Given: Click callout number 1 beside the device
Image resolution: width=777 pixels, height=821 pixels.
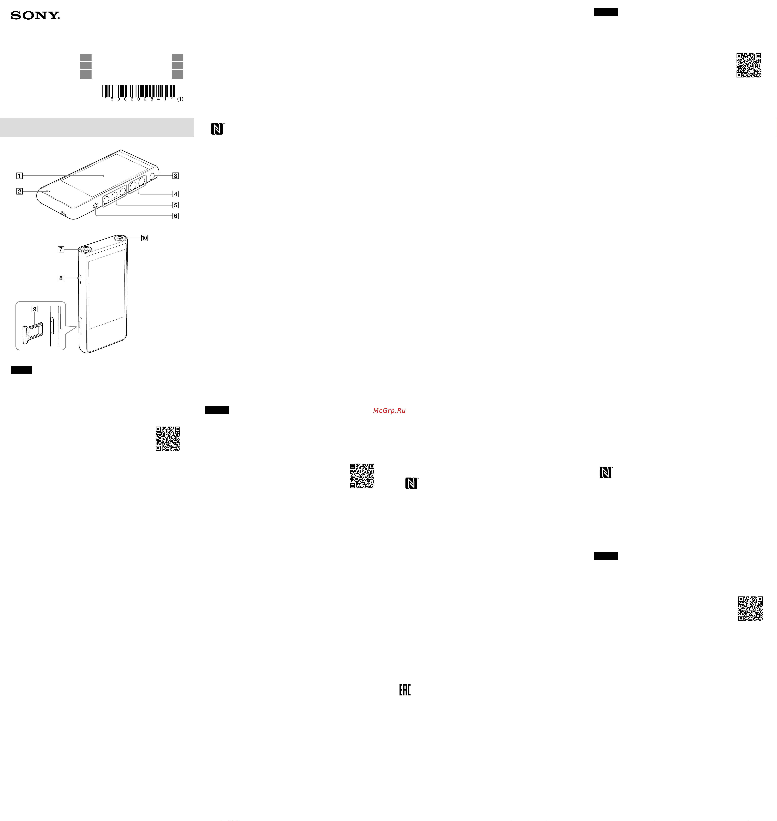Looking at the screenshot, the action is point(19,176).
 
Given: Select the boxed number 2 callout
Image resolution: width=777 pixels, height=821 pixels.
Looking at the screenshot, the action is point(19,191).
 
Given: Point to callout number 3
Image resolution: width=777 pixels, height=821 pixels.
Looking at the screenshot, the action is point(176,176).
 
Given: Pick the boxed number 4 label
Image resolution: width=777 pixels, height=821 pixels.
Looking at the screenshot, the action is point(176,194).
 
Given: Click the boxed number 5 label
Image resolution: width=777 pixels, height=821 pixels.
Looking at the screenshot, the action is point(176,205).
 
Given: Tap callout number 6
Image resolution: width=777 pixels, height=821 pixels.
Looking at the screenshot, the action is point(176,216).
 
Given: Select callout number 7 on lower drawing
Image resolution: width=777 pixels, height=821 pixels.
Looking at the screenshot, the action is point(61,249).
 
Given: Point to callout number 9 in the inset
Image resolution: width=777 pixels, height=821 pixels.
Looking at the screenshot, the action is point(35,309).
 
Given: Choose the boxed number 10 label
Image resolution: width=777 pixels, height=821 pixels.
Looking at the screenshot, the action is point(144,238).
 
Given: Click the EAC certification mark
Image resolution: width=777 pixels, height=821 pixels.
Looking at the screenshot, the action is point(405,690).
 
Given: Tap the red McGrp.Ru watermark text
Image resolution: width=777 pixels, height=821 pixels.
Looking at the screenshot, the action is point(389,411).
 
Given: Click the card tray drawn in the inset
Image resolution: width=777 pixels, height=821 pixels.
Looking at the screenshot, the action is point(33,333).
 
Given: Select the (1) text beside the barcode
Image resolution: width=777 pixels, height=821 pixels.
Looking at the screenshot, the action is point(180,99).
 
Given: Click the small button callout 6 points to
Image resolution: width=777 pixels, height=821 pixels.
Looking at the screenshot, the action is point(96,206).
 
